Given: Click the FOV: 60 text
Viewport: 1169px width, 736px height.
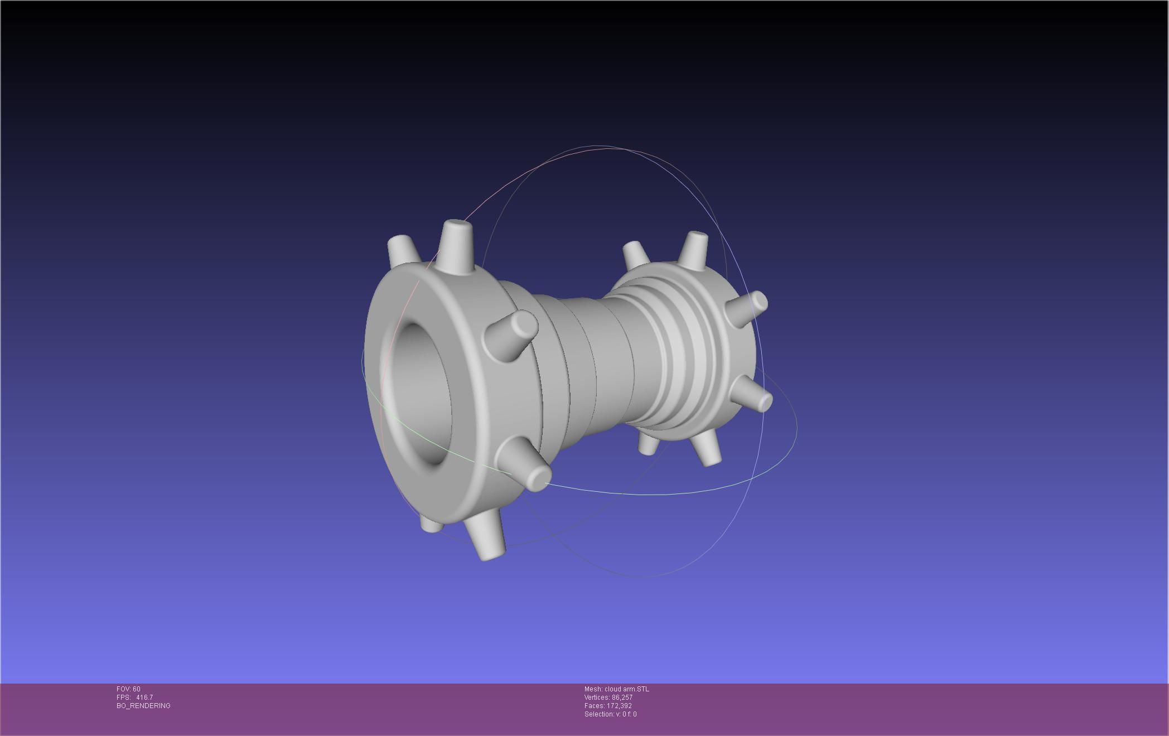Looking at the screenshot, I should click(x=128, y=689).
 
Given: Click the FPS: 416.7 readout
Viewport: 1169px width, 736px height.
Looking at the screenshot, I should click(x=134, y=698).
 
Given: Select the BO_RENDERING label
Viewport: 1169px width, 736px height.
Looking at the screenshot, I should click(x=143, y=706).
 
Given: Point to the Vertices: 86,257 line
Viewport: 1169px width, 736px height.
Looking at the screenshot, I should click(x=608, y=698).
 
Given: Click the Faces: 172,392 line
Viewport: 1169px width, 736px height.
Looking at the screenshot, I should click(x=608, y=706).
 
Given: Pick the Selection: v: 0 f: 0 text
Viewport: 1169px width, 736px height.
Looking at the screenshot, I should click(x=610, y=714).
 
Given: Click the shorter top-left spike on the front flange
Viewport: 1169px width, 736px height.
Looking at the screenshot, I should click(x=402, y=251).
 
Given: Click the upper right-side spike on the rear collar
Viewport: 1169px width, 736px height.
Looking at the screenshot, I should click(x=747, y=309).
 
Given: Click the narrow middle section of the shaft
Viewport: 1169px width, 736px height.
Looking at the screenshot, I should click(x=591, y=357).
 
